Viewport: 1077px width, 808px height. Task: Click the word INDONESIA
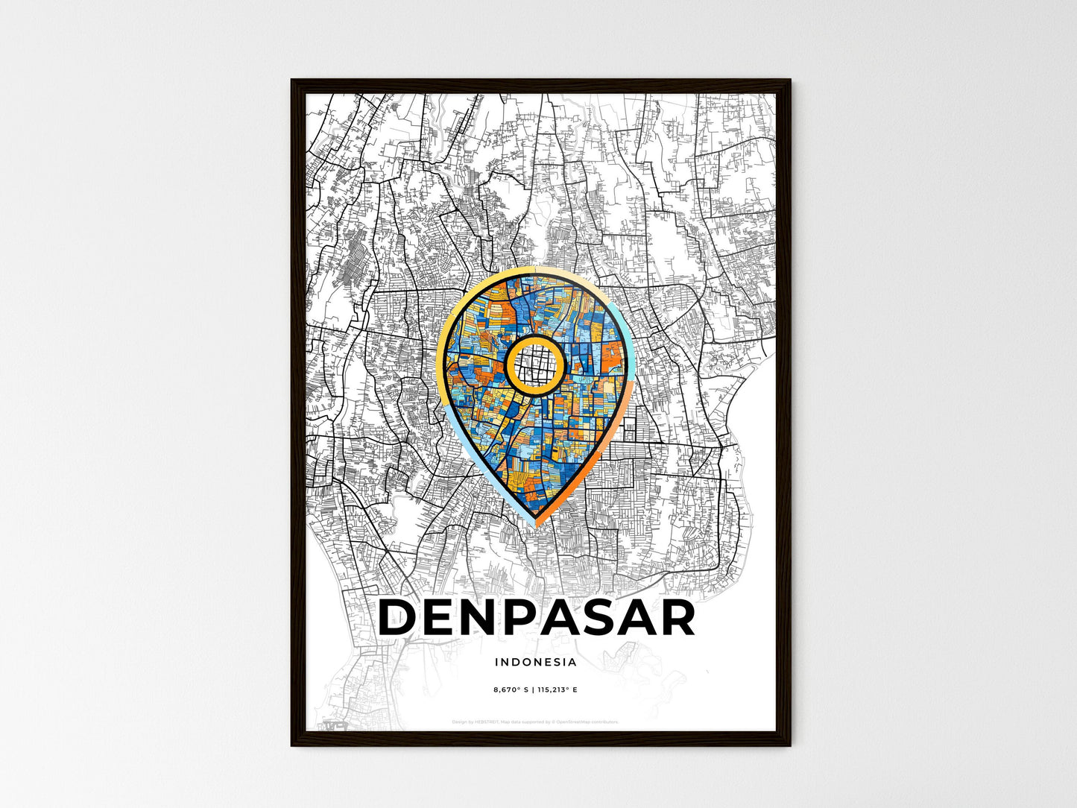click(535, 662)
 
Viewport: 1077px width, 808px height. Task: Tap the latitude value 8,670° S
click(511, 689)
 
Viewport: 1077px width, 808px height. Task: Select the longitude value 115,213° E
click(558, 689)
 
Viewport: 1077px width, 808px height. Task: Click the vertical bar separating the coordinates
click(533, 689)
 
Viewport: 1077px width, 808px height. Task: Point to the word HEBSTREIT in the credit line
click(486, 722)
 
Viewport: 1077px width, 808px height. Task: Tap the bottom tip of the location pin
click(536, 524)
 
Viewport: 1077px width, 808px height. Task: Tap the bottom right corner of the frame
click(789, 745)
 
